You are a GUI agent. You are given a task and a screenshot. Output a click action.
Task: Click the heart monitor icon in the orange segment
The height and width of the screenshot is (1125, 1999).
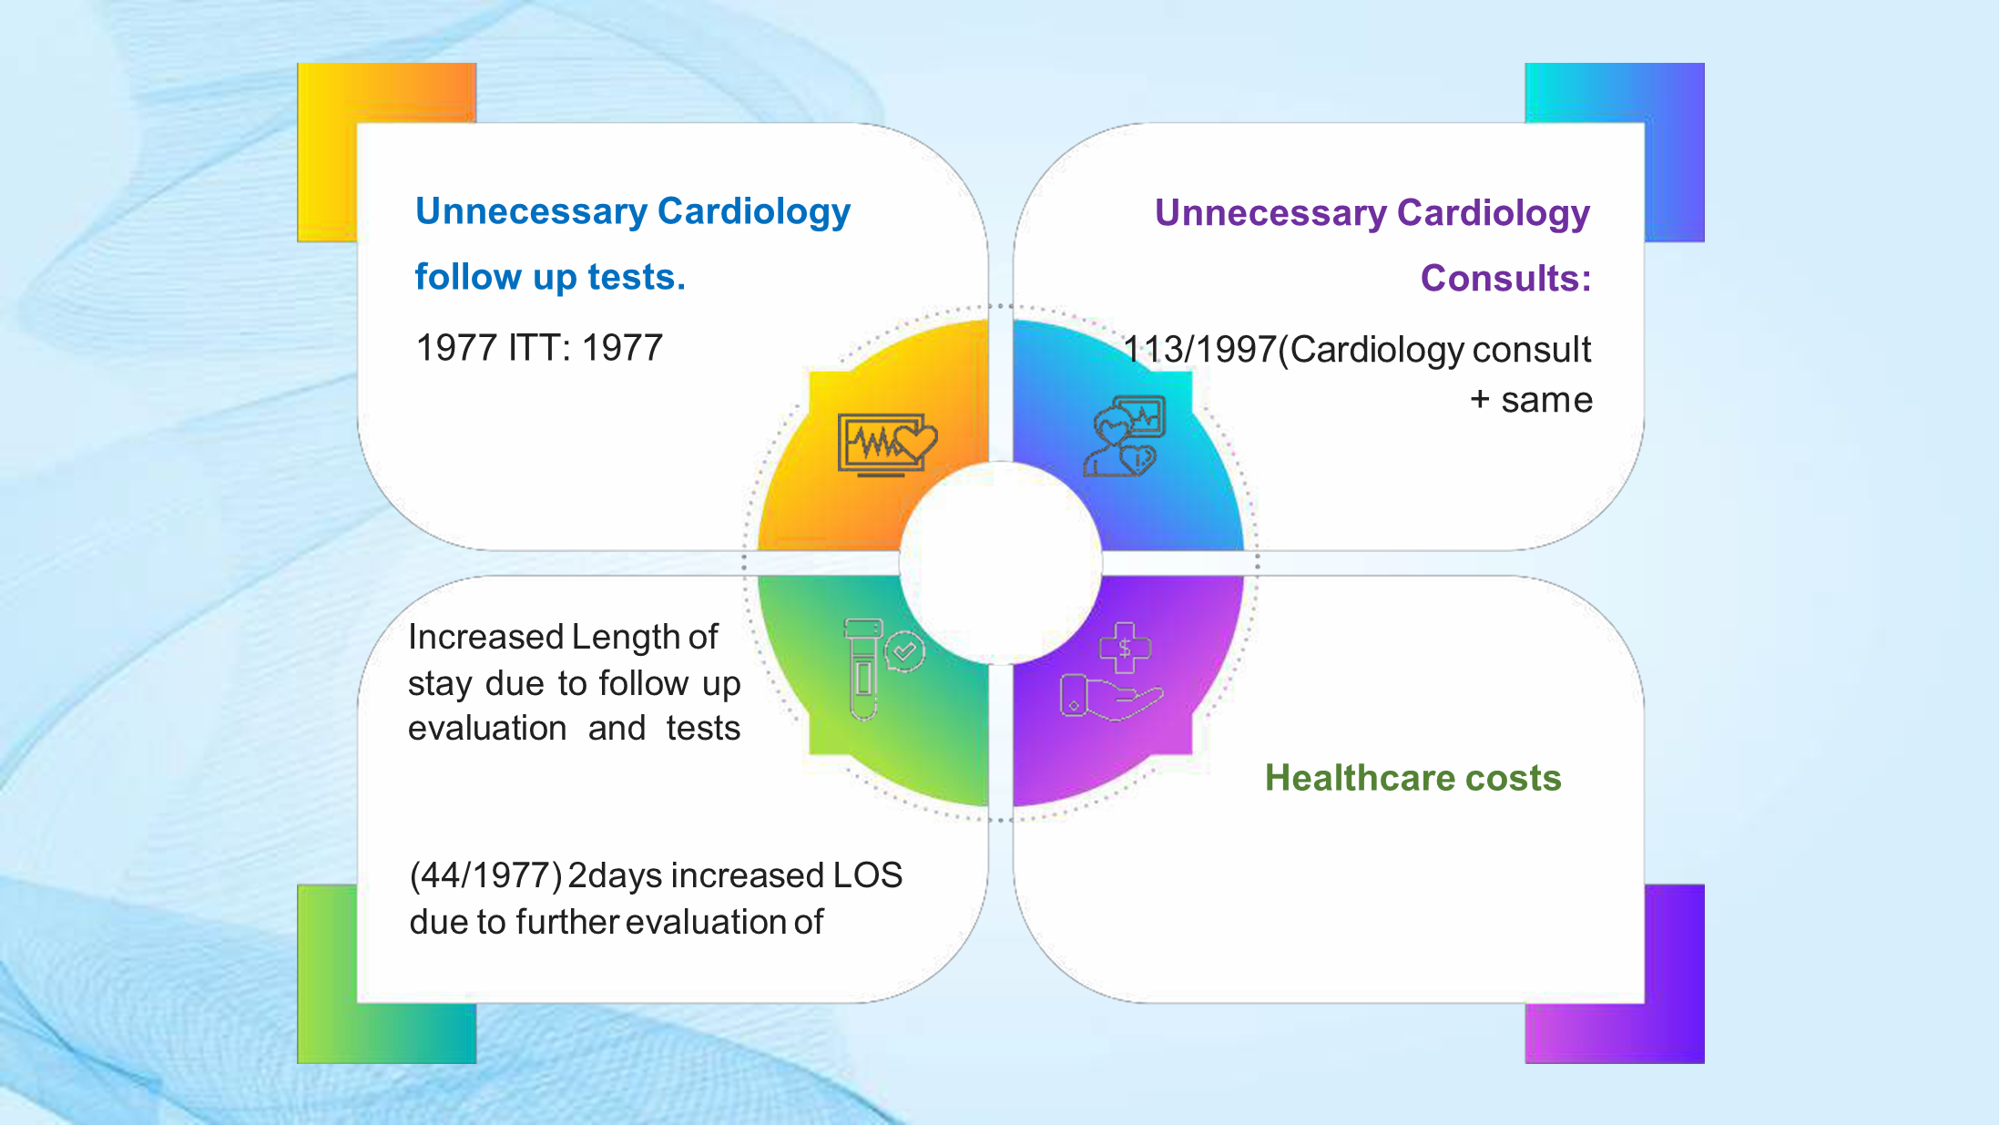click(887, 445)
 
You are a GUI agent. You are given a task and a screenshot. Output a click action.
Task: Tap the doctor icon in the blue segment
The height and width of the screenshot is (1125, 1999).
click(1125, 435)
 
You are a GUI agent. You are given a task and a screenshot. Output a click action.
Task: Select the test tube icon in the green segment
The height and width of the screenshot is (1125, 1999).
click(882, 669)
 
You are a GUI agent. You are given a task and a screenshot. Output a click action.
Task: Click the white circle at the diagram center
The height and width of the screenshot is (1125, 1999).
click(1001, 563)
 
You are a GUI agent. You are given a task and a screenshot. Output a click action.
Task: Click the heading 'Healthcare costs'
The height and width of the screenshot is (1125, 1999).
click(1413, 778)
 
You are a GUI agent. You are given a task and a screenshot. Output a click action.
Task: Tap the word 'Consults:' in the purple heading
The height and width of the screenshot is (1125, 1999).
click(1506, 278)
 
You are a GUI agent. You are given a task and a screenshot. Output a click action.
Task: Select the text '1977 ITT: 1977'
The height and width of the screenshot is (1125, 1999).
click(539, 348)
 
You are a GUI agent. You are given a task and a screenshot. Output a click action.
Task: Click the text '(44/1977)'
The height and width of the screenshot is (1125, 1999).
click(485, 875)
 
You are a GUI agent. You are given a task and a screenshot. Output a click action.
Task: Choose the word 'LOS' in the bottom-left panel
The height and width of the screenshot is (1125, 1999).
click(867, 875)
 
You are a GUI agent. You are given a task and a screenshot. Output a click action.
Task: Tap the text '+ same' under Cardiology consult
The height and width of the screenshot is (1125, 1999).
click(1531, 400)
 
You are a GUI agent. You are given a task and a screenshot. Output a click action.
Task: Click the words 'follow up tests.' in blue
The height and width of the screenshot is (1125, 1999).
click(550, 277)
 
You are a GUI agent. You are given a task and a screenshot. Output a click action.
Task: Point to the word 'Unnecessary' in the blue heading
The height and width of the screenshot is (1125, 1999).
click(531, 211)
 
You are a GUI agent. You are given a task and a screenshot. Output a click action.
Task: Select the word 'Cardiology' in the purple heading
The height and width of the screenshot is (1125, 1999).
click(1494, 213)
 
